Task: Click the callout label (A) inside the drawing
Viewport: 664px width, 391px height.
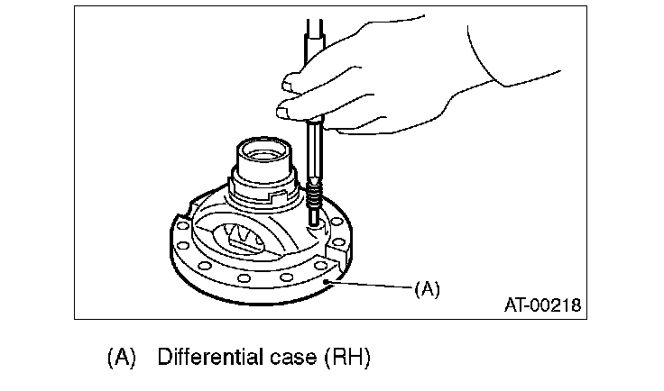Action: point(427,290)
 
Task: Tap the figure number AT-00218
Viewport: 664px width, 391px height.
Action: point(542,306)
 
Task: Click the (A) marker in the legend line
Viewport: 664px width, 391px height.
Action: point(121,357)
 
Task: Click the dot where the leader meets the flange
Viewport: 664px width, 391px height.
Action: point(329,285)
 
